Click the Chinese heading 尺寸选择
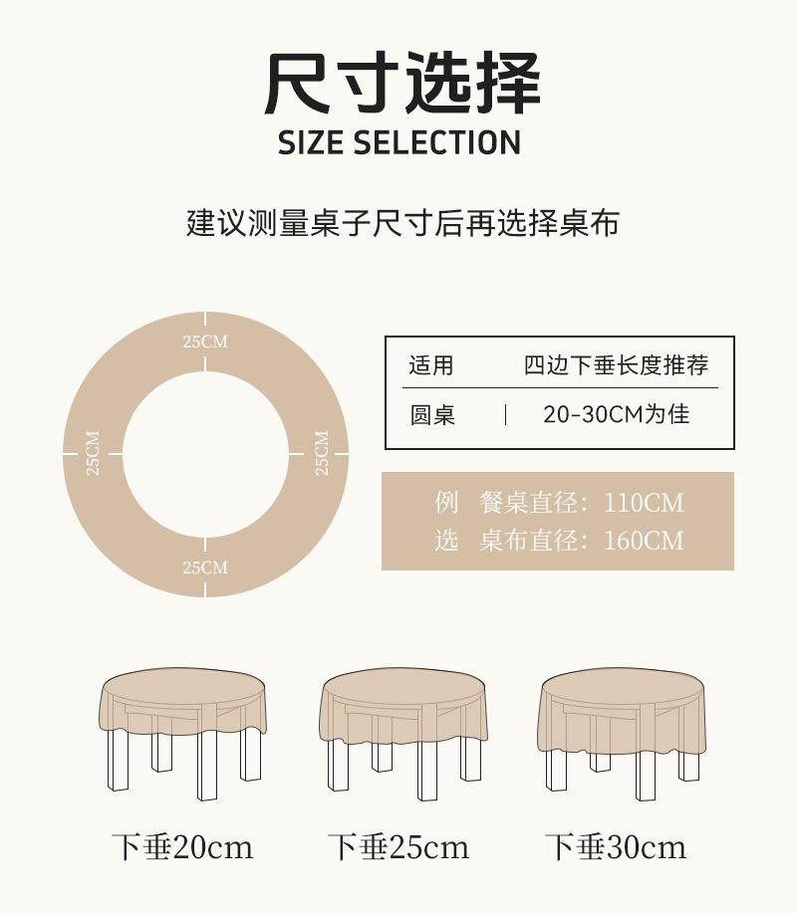(x=402, y=84)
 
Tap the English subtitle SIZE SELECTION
(x=399, y=142)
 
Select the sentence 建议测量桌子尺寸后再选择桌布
(x=402, y=222)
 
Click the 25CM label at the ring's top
(x=205, y=342)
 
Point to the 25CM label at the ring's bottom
(x=205, y=568)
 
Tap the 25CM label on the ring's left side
(x=93, y=453)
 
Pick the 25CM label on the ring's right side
(x=321, y=453)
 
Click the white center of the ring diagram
(x=205, y=454)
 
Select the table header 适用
(x=430, y=365)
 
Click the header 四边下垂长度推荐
(x=617, y=365)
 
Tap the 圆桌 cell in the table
(x=432, y=415)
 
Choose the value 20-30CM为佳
(x=616, y=414)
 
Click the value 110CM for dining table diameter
(x=645, y=503)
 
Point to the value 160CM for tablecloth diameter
(x=645, y=541)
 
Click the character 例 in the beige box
(x=446, y=503)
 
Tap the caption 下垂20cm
(x=182, y=848)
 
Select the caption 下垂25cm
(x=398, y=848)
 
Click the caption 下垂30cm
(x=616, y=848)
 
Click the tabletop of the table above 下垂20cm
(x=186, y=686)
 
